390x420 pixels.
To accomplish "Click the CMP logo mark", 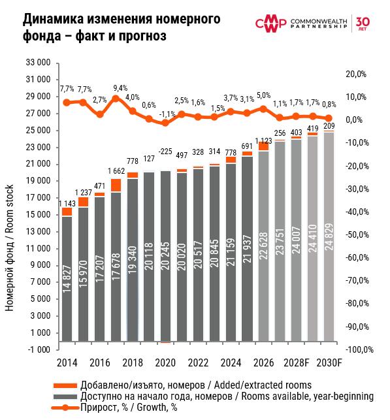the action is [x=270, y=24].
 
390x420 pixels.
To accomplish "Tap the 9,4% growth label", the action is [x=120, y=88].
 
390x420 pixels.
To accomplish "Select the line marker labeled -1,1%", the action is [x=165, y=123].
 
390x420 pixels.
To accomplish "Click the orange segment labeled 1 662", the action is [x=116, y=185].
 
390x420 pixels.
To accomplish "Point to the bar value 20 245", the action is [x=165, y=256].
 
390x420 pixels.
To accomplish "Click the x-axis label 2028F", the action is [x=296, y=363].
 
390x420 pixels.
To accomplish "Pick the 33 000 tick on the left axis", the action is [x=38, y=63].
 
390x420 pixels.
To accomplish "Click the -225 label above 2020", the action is [x=165, y=152].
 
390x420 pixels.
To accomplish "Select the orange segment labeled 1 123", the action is [x=263, y=146].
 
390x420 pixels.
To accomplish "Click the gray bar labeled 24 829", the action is [x=329, y=237].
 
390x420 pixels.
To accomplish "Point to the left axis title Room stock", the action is [x=9, y=209].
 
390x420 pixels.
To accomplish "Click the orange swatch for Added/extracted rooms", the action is [x=65, y=385].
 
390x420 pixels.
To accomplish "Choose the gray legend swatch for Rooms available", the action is [x=65, y=396].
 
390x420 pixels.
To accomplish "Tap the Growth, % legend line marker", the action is [x=65, y=408].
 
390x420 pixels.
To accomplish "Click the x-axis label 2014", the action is [x=67, y=363].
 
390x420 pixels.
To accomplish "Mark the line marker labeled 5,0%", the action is [x=263, y=108].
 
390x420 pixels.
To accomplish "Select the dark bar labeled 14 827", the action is [x=67, y=279].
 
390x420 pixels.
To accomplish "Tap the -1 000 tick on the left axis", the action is [x=39, y=349].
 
